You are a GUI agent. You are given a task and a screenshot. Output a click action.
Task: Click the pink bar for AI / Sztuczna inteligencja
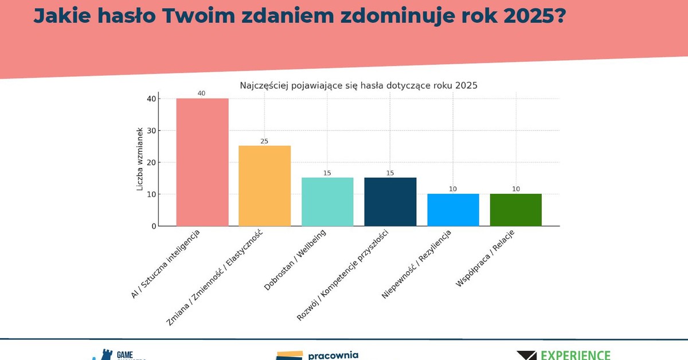click(202, 162)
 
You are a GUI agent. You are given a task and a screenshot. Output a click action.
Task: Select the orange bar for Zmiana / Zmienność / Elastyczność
click(264, 186)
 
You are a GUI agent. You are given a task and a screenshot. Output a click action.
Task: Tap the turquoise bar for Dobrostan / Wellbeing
click(327, 202)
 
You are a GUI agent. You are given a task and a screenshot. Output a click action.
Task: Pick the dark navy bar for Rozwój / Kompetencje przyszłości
click(390, 202)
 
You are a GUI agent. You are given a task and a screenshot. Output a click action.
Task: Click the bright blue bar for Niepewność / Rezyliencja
click(453, 210)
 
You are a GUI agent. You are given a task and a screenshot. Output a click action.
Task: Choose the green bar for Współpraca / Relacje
click(515, 210)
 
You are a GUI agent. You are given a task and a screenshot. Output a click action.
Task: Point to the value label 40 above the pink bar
click(201, 93)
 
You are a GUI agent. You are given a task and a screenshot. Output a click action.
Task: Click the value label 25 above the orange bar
click(264, 141)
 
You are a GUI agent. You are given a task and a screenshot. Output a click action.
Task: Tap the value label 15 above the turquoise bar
click(327, 173)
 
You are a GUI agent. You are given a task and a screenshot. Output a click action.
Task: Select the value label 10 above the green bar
click(515, 189)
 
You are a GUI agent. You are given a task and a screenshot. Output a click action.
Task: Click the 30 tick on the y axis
click(151, 131)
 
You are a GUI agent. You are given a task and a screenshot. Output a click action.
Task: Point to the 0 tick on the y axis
click(154, 226)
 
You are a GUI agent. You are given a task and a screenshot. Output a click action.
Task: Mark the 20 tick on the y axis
click(151, 162)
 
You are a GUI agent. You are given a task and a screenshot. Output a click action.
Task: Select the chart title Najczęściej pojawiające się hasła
click(358, 85)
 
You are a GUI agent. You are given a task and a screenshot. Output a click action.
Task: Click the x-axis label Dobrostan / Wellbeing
click(295, 260)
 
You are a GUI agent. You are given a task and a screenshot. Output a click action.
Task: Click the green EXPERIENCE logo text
click(576, 355)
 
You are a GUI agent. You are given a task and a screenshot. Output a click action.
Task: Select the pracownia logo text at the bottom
click(333, 355)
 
